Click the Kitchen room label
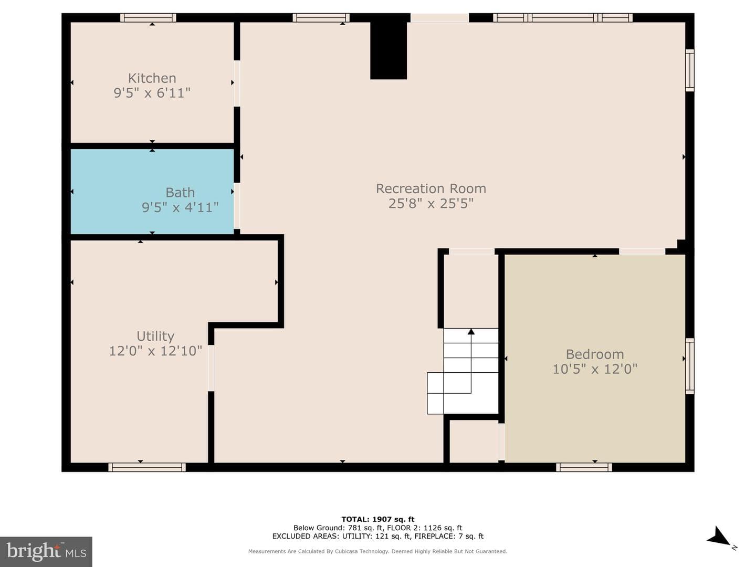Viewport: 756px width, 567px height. [x=152, y=78]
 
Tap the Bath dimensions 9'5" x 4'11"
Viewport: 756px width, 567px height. [x=180, y=207]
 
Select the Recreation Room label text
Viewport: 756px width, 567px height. [x=431, y=188]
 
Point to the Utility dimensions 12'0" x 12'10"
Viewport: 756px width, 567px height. [x=155, y=351]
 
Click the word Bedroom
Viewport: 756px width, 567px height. [x=595, y=354]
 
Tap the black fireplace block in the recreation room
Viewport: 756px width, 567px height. [x=388, y=50]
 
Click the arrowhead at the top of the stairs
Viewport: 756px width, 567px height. [x=471, y=331]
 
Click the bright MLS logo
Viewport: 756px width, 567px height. [x=46, y=551]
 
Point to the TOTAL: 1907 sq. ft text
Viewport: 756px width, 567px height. [x=378, y=519]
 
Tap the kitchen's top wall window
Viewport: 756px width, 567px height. [x=148, y=17]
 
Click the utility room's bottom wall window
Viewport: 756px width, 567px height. [x=147, y=467]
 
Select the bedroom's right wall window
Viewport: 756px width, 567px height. [x=689, y=366]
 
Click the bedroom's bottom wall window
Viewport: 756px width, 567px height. [x=584, y=467]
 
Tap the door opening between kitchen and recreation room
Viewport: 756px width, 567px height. [x=237, y=83]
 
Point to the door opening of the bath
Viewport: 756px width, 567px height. [x=237, y=205]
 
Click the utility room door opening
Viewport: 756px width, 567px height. [x=211, y=368]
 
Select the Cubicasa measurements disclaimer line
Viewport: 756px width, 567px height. [x=378, y=551]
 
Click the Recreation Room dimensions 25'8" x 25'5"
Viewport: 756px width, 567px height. [x=431, y=204]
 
